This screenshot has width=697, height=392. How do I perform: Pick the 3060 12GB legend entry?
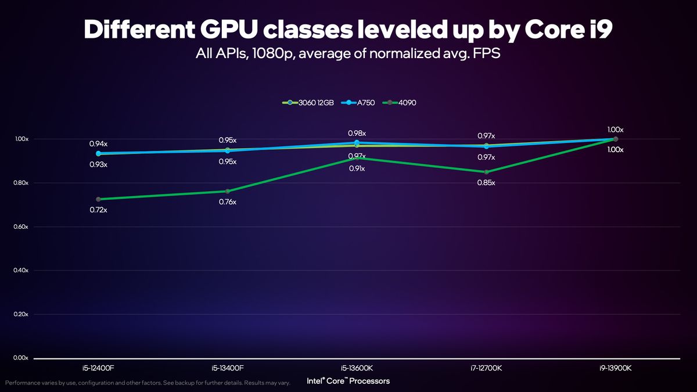[x=308, y=103]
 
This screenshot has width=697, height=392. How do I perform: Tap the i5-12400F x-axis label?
[x=98, y=368]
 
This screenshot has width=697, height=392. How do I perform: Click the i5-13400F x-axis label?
[x=228, y=368]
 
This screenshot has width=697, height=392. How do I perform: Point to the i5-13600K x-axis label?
[x=357, y=368]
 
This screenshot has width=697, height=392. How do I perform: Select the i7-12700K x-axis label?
[x=486, y=368]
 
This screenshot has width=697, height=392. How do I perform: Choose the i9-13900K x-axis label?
[x=615, y=368]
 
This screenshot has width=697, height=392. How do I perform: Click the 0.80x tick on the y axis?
[x=21, y=184]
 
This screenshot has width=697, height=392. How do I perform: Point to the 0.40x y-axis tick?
[x=21, y=271]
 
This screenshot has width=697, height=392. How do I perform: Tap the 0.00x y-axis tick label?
[x=21, y=358]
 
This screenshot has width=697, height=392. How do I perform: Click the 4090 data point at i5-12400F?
[x=98, y=199]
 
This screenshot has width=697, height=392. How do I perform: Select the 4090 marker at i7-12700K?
[x=486, y=172]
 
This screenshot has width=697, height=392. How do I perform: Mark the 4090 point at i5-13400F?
[x=228, y=191]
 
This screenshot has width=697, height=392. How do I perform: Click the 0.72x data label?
[x=98, y=210]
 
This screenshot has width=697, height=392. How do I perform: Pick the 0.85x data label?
[x=486, y=182]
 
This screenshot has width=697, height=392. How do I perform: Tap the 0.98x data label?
[x=357, y=133]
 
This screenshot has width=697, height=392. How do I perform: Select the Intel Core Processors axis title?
[x=348, y=381]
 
